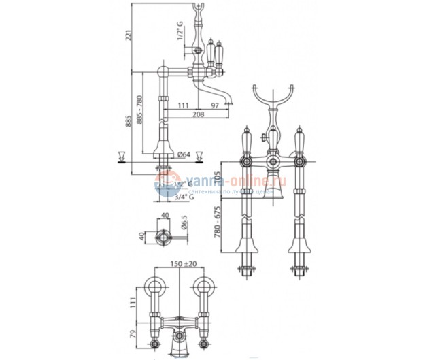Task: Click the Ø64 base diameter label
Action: pyautogui.click(x=184, y=154)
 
